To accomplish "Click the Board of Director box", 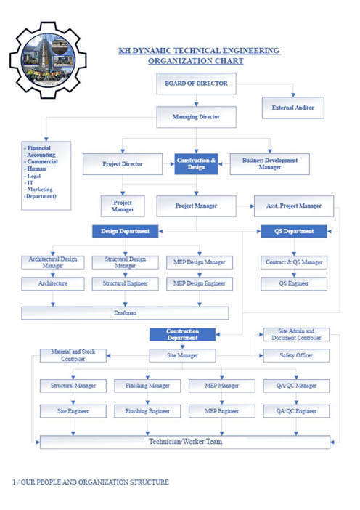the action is (x=196, y=84).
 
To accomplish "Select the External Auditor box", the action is (x=293, y=108).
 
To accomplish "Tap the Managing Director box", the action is (x=196, y=117).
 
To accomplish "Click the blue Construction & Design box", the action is (x=196, y=164).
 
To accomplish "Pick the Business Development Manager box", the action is (x=270, y=164).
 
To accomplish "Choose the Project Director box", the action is (x=123, y=164).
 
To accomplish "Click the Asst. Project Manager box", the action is (x=294, y=206).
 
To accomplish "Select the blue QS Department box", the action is (x=294, y=231).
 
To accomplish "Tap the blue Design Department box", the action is (x=125, y=231).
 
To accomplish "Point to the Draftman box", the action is (x=125, y=313).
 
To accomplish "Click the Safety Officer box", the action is (x=296, y=355).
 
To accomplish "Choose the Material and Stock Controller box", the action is (x=73, y=355).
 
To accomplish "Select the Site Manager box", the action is (x=182, y=355).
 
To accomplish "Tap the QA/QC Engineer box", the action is (x=296, y=411).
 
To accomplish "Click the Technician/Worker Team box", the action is (x=185, y=442).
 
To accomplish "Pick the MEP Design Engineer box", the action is (x=200, y=283).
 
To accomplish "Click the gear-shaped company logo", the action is (x=48, y=60).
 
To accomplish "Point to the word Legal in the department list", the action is (x=34, y=176).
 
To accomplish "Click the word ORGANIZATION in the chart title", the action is (x=173, y=61).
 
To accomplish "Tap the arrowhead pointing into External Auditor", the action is (x=293, y=95).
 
